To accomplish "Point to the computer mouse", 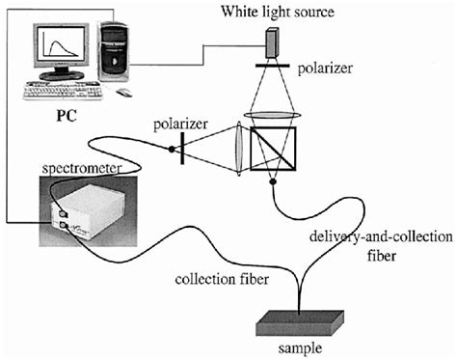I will point(123,94).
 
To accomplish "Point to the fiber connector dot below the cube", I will point(274,180).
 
